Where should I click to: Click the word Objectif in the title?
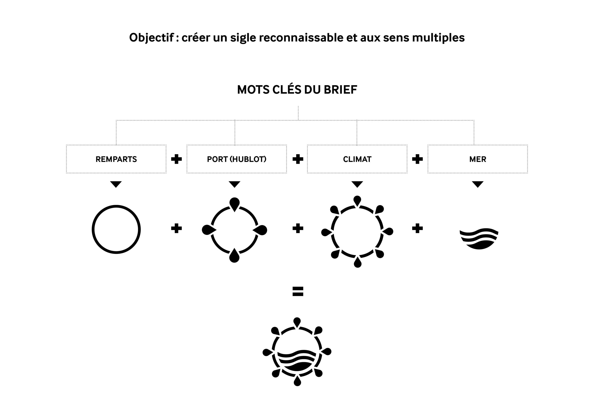[x=151, y=38]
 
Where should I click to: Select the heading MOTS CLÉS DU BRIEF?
[x=297, y=90]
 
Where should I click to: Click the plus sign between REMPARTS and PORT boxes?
[x=176, y=159]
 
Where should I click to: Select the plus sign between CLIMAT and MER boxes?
[x=417, y=159]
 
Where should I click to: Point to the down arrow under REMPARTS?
[x=116, y=184]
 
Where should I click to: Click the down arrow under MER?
[x=478, y=184]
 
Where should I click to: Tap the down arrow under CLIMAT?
[x=357, y=184]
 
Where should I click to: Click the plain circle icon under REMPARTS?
[x=116, y=206]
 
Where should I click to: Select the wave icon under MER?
[x=479, y=239]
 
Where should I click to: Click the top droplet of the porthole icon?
[x=234, y=204]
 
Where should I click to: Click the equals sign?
[x=298, y=291]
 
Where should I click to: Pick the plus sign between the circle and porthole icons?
[x=176, y=228]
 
